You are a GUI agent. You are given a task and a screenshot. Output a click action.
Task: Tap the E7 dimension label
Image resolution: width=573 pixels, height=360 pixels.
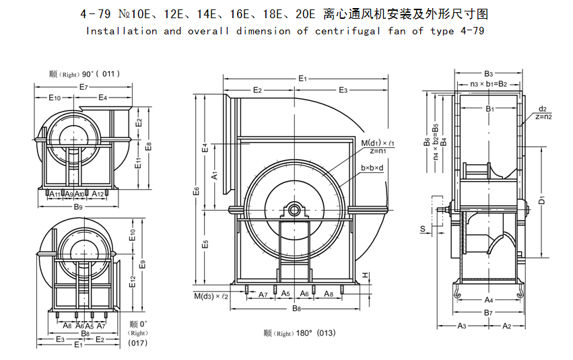pos(84,87)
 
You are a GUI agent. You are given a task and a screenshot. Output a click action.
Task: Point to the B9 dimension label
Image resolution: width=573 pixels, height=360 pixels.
pos(78,207)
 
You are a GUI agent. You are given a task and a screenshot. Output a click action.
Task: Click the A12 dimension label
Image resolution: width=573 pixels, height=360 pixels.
pos(98,194)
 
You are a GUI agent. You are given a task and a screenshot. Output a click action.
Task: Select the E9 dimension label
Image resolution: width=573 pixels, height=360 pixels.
pos(142,264)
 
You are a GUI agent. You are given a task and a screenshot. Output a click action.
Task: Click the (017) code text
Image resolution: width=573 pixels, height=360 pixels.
pos(138,343)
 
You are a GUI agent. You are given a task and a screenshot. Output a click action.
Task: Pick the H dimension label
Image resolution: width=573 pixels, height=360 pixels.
pos(364,275)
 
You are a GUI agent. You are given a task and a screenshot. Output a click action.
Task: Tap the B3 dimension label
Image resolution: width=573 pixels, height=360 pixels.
pos(489,73)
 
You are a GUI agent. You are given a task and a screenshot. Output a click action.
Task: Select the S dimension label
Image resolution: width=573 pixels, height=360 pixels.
pos(422,229)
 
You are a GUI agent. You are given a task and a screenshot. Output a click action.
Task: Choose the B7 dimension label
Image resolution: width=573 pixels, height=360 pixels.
pos(489,313)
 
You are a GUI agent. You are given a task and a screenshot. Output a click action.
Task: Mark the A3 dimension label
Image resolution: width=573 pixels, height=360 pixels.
pos(462,326)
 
